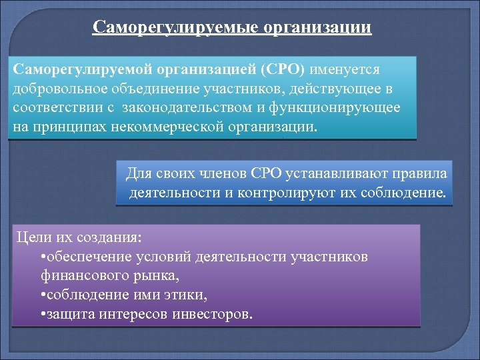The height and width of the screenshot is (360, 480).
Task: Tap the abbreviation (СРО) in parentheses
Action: click(x=285, y=70)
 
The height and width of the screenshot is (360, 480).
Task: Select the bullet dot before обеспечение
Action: click(x=43, y=257)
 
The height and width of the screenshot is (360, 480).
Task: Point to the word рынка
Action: click(x=159, y=275)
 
